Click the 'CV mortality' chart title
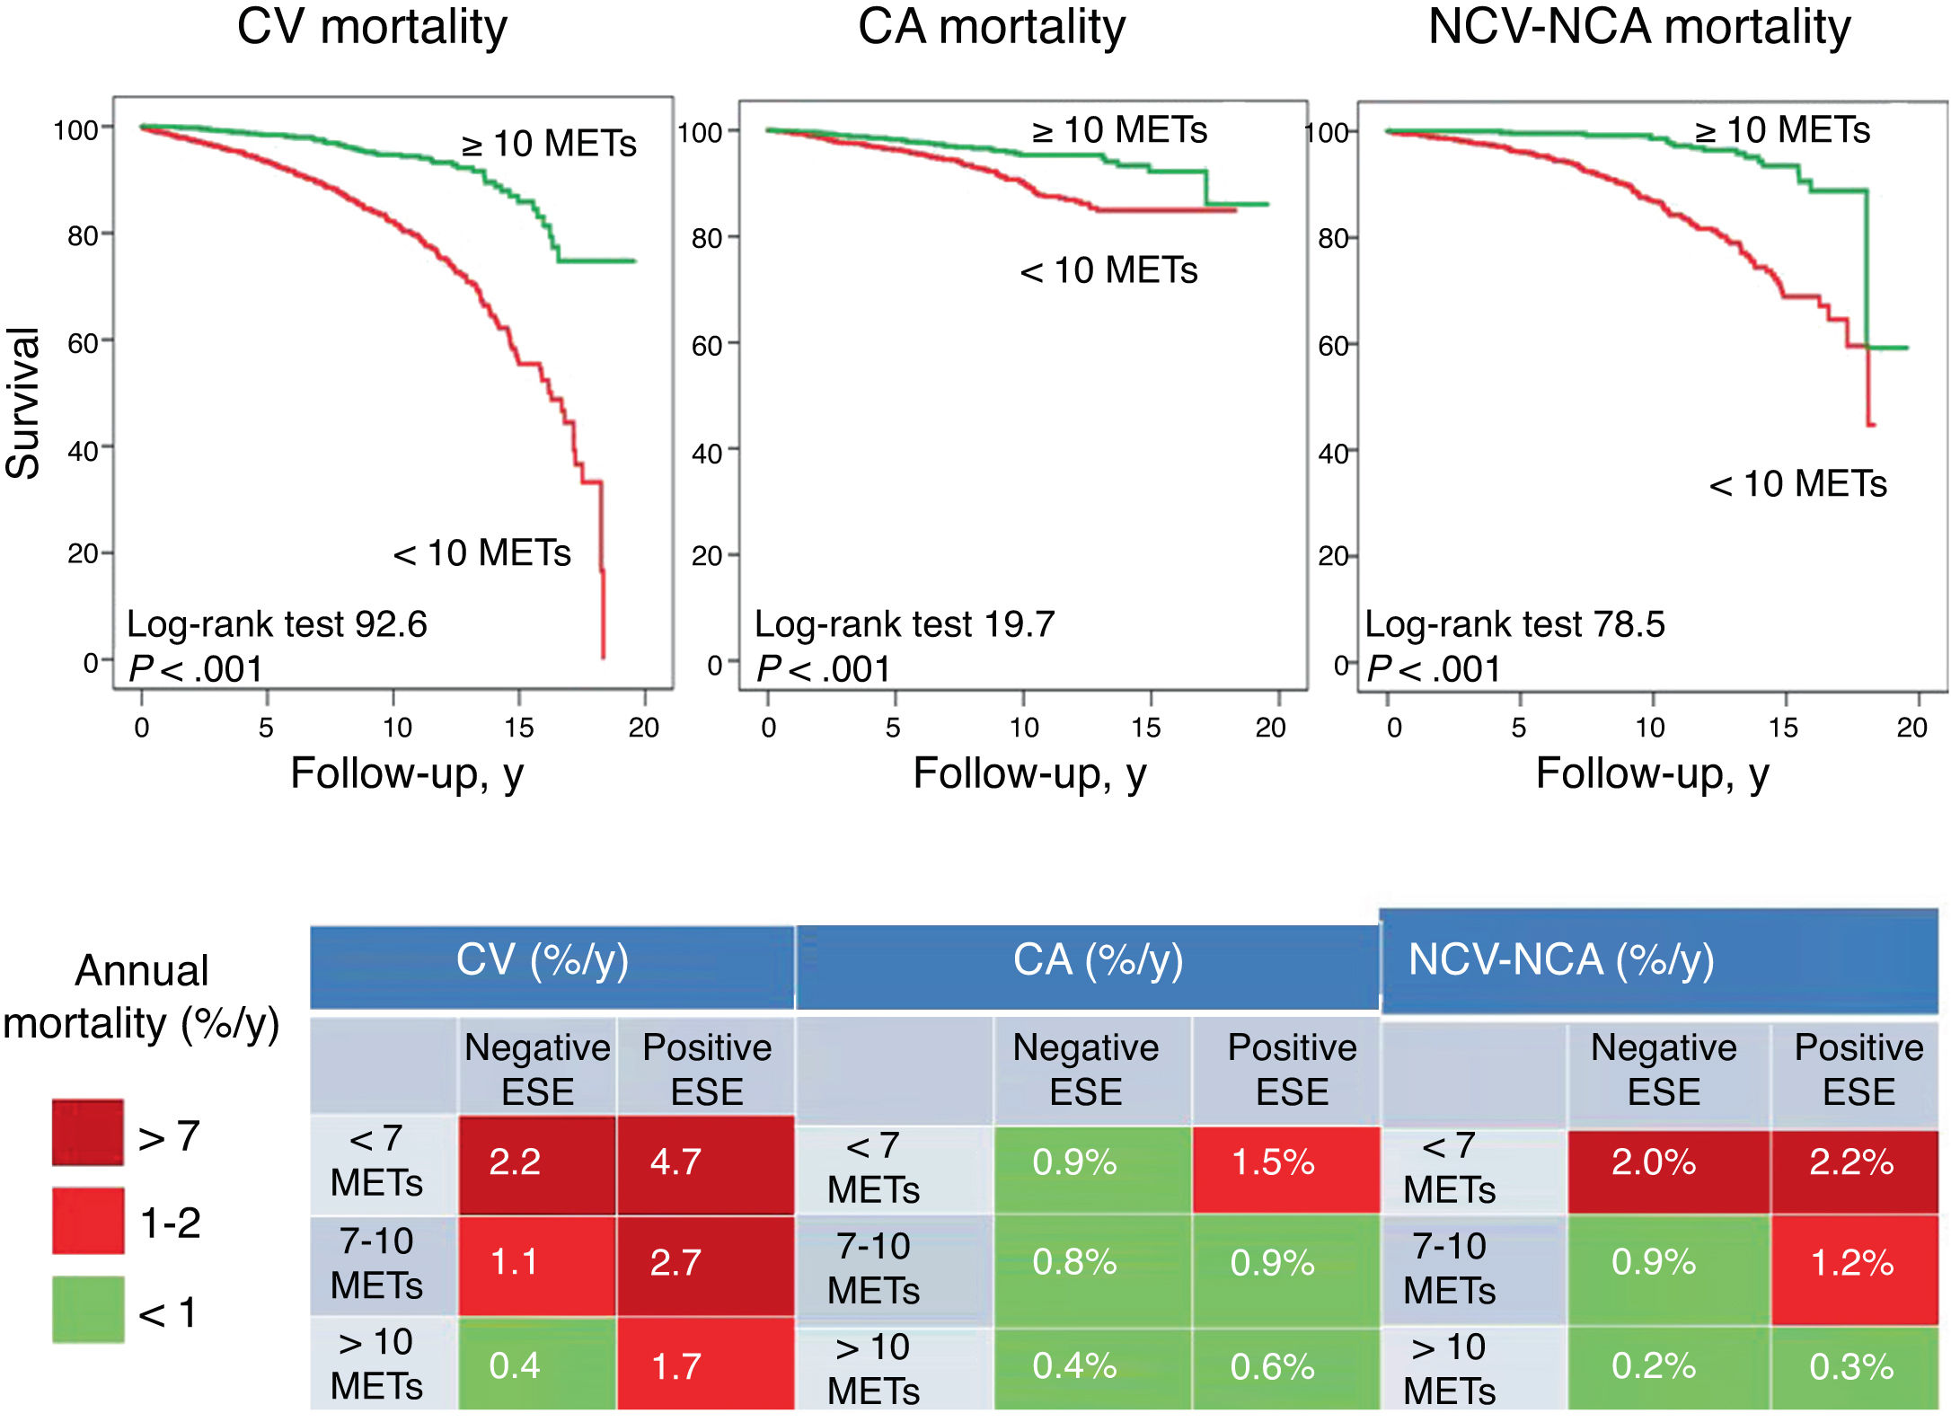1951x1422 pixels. [x=372, y=27]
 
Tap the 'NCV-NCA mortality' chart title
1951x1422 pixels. [x=1639, y=27]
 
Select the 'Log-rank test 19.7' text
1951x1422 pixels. [x=904, y=624]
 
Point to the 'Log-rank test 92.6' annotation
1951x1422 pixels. [x=277, y=624]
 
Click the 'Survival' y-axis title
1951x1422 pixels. [x=24, y=402]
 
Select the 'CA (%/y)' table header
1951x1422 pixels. [x=1098, y=960]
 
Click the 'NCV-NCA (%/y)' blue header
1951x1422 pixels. [x=1561, y=960]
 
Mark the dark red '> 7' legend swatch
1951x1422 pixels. [x=88, y=1133]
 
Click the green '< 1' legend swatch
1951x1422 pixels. [x=88, y=1310]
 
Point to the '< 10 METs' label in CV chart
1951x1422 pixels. [x=481, y=553]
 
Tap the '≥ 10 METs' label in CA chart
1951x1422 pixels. [x=1119, y=131]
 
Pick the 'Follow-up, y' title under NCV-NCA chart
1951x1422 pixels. [x=1652, y=773]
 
